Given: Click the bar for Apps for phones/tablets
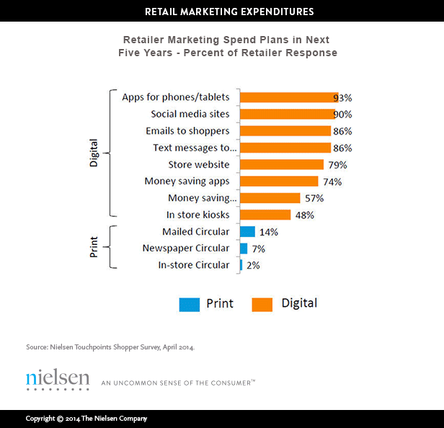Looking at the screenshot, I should click(x=287, y=97).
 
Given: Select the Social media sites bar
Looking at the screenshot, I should click(x=285, y=114).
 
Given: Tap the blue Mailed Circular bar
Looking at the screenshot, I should click(x=247, y=231).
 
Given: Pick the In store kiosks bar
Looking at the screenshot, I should click(x=265, y=215).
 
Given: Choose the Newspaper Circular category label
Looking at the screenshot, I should click(x=186, y=248).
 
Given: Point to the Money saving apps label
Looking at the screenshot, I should click(x=187, y=181).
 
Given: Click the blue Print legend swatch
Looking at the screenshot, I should click(x=189, y=304).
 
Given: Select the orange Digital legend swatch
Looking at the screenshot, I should click(x=262, y=304).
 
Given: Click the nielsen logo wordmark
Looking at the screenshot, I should click(x=58, y=379).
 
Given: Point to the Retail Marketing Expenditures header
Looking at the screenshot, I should click(x=222, y=12).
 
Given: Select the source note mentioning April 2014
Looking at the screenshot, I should click(x=110, y=347).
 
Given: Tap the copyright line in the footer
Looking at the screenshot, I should click(x=86, y=419).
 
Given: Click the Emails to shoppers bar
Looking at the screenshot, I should click(x=285, y=130).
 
